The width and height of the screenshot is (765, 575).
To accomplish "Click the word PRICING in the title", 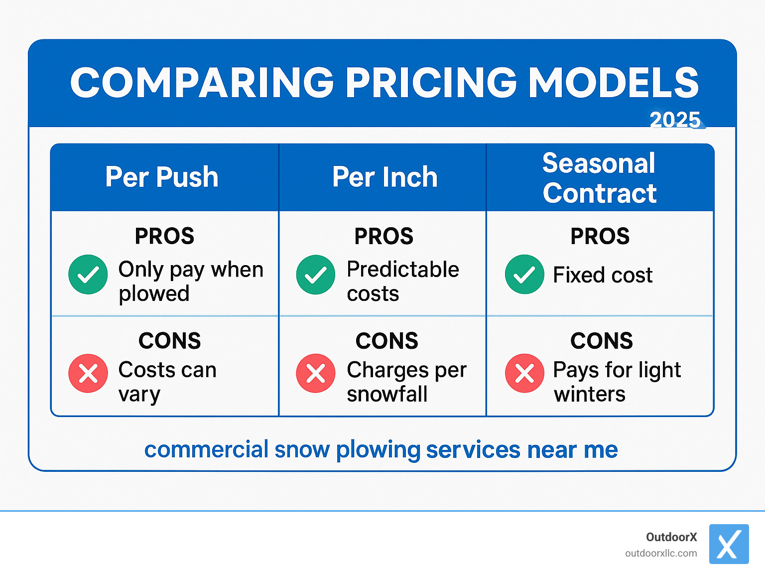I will [431, 82].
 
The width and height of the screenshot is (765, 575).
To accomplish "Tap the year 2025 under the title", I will [675, 120].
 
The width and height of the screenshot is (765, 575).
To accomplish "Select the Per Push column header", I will [162, 177].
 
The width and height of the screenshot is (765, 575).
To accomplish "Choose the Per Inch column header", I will [384, 177].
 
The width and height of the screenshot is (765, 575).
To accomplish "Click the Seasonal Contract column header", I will [599, 178].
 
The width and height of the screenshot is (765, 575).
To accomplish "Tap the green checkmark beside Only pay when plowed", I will [88, 275].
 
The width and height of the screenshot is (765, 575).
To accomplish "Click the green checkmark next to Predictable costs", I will [316, 275].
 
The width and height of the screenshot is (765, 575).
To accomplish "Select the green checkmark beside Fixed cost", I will [524, 275].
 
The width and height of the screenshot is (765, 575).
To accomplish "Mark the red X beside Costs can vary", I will [88, 373].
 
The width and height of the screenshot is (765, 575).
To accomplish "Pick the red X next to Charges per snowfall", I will [316, 373].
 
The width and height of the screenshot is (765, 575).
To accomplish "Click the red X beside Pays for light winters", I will [524, 373].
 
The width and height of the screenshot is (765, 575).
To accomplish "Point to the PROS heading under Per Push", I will [164, 236].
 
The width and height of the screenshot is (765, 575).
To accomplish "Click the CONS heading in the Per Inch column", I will [386, 341].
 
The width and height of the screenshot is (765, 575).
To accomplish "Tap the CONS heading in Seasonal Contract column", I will [601, 341].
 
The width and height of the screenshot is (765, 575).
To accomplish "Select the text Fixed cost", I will [603, 275].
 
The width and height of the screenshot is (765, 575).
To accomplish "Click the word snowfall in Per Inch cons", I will [387, 394].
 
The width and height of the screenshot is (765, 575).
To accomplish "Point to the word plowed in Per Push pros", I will [154, 294].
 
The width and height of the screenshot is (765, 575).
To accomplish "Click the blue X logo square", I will [729, 544].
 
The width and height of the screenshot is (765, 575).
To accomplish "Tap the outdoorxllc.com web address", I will [661, 553].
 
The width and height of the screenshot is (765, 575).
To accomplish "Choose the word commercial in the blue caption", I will [206, 449].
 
